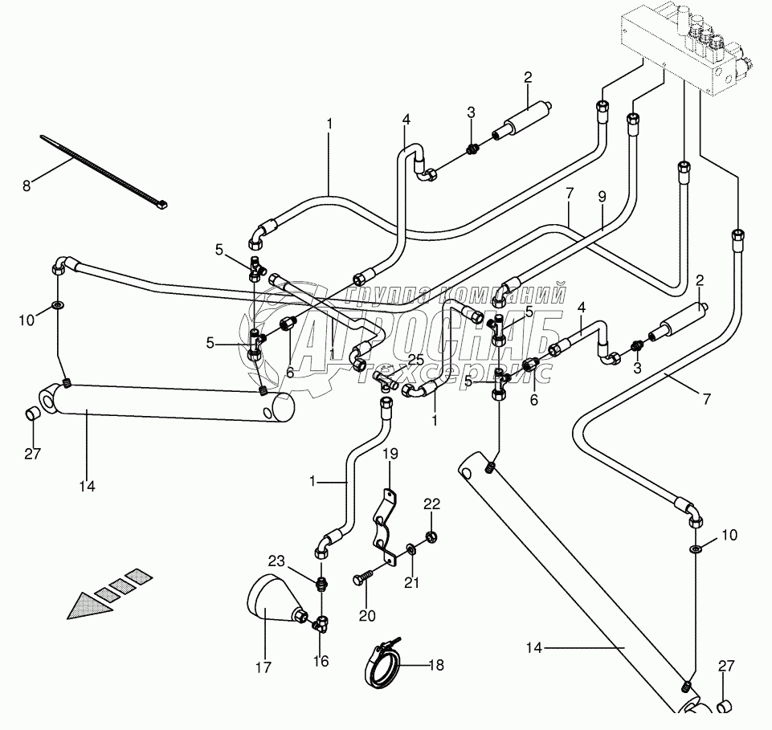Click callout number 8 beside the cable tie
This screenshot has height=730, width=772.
(x=27, y=185)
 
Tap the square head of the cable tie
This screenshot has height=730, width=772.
(x=162, y=206)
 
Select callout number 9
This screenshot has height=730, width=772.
(x=602, y=195)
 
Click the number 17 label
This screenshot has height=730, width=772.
(x=263, y=667)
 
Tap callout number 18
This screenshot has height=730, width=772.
(x=435, y=666)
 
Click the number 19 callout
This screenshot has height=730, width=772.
(x=389, y=454)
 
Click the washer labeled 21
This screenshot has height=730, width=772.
(x=411, y=549)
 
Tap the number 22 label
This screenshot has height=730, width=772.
(x=432, y=504)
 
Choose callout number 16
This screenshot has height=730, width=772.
(x=321, y=662)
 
